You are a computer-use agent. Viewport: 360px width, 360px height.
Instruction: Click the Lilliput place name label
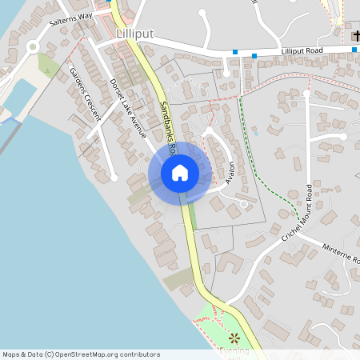pyautogui.click(x=134, y=34)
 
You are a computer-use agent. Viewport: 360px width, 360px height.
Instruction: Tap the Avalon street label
pyautogui.click(x=231, y=172)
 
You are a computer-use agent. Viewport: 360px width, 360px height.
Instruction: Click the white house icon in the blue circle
pyautogui.click(x=180, y=172)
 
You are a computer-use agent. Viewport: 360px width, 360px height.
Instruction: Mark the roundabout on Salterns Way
pyautogui.click(x=33, y=46)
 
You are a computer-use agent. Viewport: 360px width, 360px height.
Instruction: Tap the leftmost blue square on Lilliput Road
pyautogui.click(x=235, y=52)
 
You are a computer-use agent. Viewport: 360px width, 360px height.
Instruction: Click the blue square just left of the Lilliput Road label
pyautogui.click(x=254, y=55)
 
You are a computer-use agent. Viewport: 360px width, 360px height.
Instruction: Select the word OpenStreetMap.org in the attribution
pyautogui.click(x=94, y=354)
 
